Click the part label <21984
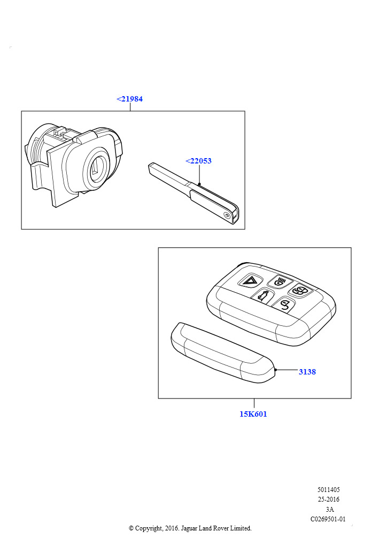tap(129, 99)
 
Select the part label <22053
tap(198, 161)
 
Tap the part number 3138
tap(307, 372)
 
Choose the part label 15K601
tap(253, 414)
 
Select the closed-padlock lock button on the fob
tap(300, 291)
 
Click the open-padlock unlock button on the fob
tap(284, 305)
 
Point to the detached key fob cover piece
tap(223, 353)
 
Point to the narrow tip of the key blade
tap(151, 167)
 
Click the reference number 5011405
tap(328, 489)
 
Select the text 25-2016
tap(328, 499)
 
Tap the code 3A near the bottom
tap(329, 509)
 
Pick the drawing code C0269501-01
tap(328, 519)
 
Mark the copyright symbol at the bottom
tap(131, 528)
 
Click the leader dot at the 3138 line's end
tap(276, 370)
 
